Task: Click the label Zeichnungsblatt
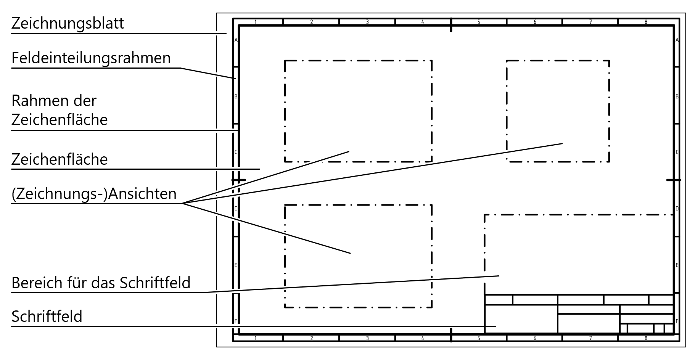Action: (68, 24)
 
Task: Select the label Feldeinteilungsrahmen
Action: (91, 58)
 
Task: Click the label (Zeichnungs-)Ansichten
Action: (94, 194)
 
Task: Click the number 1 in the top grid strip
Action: (255, 22)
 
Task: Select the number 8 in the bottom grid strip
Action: (646, 338)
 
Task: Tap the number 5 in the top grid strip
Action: (479, 22)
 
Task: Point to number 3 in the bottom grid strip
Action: (367, 338)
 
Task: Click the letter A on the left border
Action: (236, 40)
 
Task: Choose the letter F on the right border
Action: (677, 321)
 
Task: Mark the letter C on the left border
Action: (236, 152)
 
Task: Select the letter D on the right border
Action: (677, 209)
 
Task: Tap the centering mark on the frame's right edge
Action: (673, 180)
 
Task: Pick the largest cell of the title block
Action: (521, 319)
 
